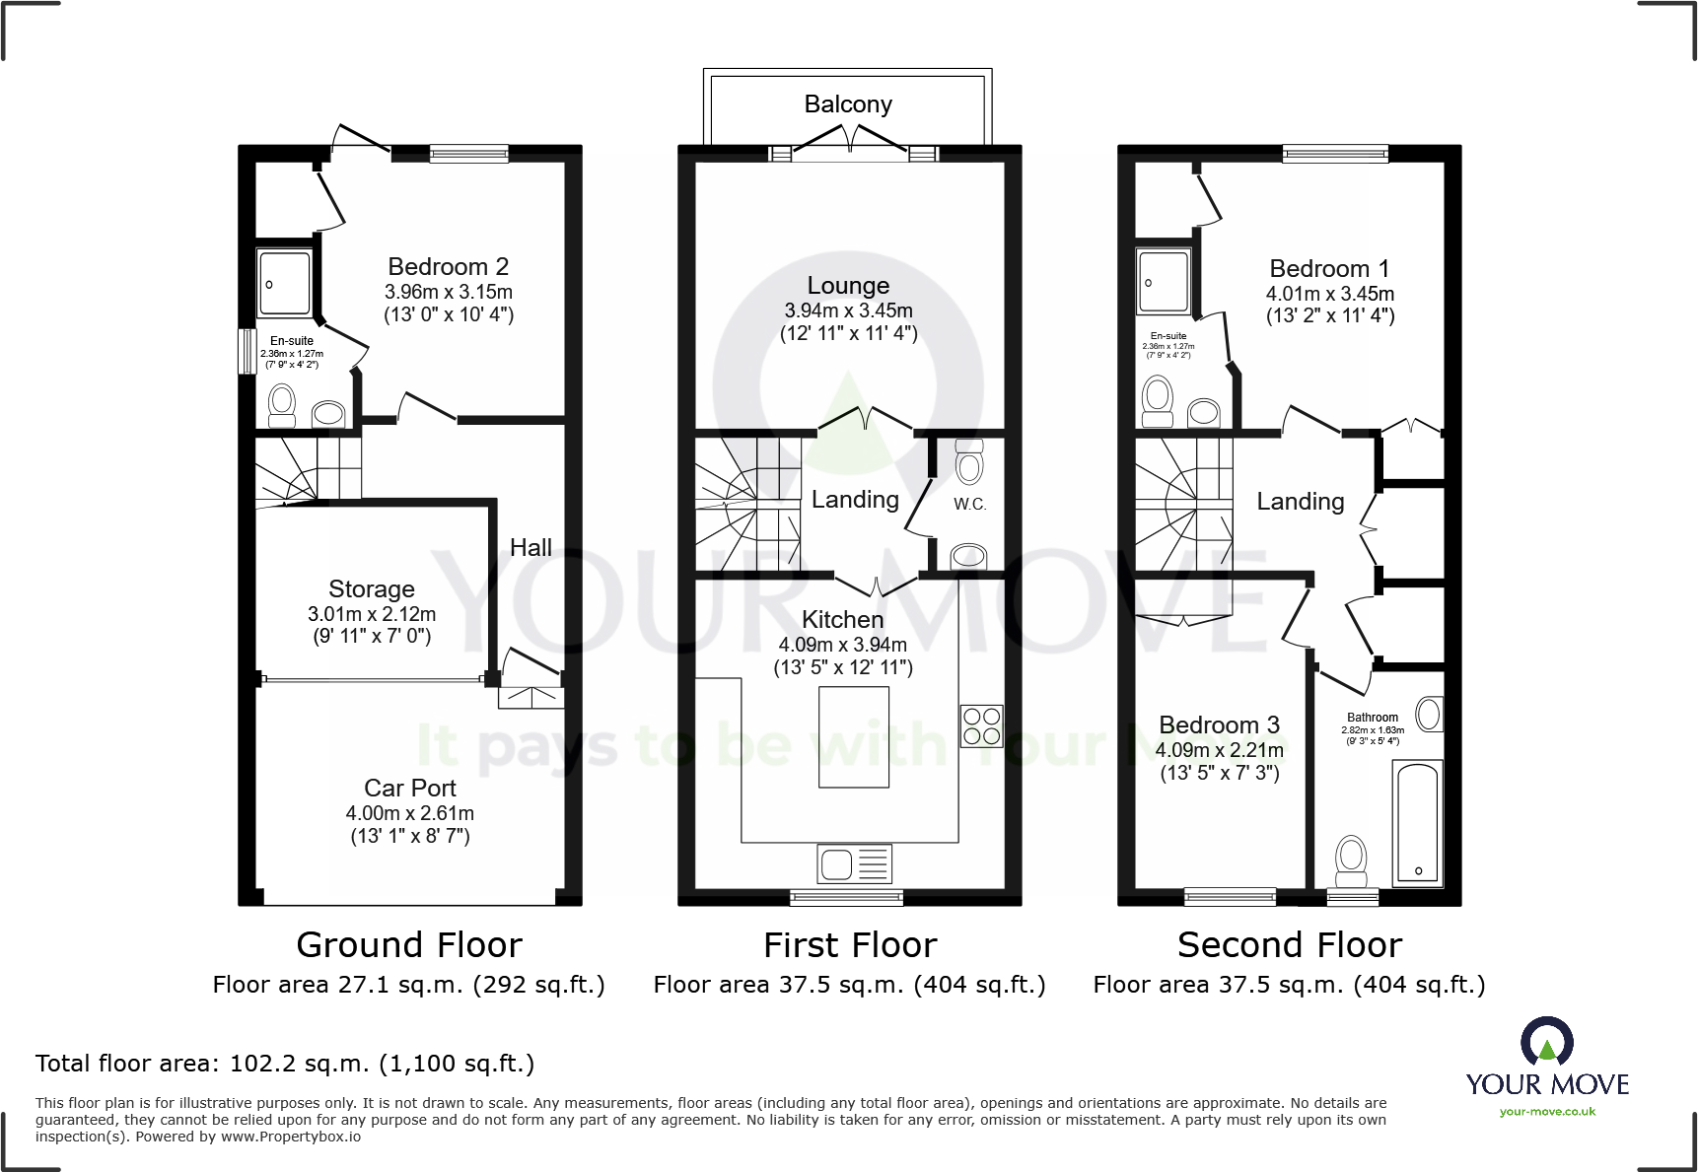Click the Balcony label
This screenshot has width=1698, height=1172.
coord(848,104)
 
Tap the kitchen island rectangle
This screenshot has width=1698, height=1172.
coord(853,737)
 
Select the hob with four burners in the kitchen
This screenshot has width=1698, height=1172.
coord(982,726)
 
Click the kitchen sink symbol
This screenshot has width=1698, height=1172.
coord(854,863)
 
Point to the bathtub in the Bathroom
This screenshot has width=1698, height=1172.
coord(1418,823)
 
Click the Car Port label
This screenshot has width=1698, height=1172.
coord(409,789)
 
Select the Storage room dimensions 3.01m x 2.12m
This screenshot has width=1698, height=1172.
coord(371,614)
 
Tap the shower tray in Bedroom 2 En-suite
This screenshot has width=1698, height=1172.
coord(285,284)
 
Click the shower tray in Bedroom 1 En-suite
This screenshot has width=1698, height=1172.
coord(1164,283)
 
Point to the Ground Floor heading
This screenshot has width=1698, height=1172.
coord(409,945)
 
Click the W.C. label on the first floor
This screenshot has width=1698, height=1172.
coord(969,505)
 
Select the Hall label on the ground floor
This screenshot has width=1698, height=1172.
coord(531,548)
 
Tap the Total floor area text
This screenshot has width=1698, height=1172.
coord(285,1064)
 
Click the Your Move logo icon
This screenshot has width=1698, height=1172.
coord(1546,1041)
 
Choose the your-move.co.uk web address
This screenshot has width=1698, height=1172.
coord(1547,1112)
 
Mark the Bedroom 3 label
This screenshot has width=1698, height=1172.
coord(1219,725)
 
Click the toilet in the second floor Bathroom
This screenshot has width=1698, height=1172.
coord(1351,862)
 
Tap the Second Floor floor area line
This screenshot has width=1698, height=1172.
coord(1289,985)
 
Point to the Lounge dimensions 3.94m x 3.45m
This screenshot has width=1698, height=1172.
coord(848,310)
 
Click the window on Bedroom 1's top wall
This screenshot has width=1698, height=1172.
coord(1335,154)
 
